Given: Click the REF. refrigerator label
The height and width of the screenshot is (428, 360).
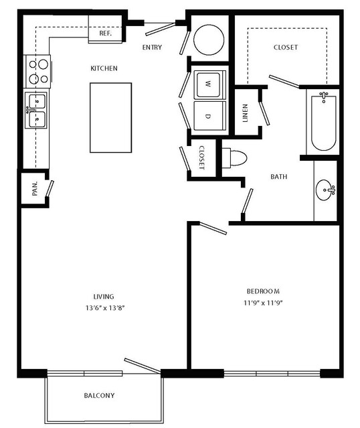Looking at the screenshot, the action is [105, 33].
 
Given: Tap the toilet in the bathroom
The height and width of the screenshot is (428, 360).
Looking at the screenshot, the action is [234, 158].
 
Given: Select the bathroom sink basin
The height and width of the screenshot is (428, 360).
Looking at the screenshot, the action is [325, 190].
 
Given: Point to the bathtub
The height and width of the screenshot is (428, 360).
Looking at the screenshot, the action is [323, 122].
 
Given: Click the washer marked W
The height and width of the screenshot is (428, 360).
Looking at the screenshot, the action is [209, 84].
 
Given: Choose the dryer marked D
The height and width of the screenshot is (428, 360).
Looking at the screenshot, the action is [209, 116].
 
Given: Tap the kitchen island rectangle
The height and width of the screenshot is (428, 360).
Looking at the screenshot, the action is [110, 118].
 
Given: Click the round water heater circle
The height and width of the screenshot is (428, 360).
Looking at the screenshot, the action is [209, 40].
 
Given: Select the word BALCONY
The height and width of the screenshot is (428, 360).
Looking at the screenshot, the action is [99, 395].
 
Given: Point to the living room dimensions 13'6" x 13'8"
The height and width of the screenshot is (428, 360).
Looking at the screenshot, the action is [105, 308].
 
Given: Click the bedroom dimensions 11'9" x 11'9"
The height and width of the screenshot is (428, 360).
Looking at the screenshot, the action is [263, 303].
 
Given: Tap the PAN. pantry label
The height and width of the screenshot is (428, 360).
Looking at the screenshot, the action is [35, 189].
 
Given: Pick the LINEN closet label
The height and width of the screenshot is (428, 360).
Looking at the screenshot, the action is [245, 113].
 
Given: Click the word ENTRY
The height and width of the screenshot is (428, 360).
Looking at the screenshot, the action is [152, 48].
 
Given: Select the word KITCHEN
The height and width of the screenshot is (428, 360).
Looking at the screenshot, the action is [104, 68].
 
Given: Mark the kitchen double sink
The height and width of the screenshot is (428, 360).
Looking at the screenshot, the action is [37, 110].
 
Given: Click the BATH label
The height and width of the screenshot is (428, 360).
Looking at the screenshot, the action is [279, 177].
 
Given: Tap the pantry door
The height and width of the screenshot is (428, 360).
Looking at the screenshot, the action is [50, 188].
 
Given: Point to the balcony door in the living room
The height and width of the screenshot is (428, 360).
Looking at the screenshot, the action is [142, 366].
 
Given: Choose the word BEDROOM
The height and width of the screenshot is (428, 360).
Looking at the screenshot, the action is [263, 291].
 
